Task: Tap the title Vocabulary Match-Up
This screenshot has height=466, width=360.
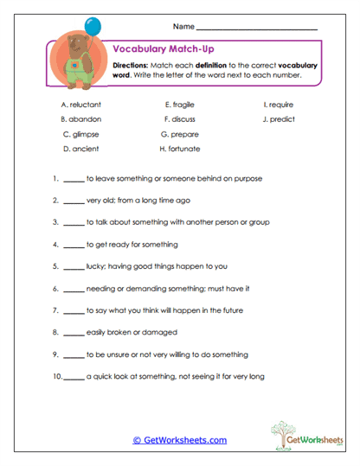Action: [x=157, y=51]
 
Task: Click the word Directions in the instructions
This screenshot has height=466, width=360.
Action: [x=132, y=66]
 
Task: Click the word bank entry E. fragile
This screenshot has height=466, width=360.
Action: [x=180, y=104]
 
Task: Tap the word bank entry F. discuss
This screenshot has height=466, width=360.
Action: [x=180, y=118]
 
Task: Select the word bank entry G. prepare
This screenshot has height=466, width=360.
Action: [x=180, y=134]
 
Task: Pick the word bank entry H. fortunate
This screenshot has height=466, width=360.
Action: [x=180, y=149]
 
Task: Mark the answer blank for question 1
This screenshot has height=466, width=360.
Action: [x=74, y=181]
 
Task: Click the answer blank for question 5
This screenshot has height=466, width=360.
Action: [x=74, y=267]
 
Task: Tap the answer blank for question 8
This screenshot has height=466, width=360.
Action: [x=74, y=333]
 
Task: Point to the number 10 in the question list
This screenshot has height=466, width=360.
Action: [x=55, y=376]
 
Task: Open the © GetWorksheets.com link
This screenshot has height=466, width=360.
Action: [x=179, y=440]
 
